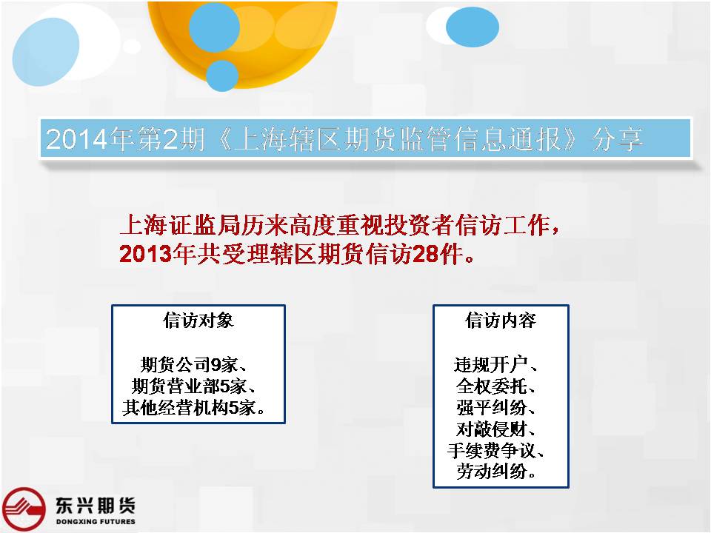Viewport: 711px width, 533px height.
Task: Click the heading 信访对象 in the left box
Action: (x=198, y=321)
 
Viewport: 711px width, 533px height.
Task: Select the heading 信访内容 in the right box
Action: (x=501, y=321)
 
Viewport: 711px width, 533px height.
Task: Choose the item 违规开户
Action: (x=490, y=364)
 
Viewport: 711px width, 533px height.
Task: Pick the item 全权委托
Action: (x=491, y=386)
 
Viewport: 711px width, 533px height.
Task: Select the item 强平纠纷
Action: (x=491, y=407)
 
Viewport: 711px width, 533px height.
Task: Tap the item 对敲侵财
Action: (x=491, y=429)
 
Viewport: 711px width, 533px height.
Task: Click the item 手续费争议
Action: (x=491, y=450)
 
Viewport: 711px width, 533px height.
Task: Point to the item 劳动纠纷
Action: (x=491, y=472)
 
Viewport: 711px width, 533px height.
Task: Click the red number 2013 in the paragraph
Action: (x=146, y=254)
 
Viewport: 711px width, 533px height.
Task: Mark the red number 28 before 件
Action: (x=427, y=254)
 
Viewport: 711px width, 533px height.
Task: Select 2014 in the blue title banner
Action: (x=76, y=138)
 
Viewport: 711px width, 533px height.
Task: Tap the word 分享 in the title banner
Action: (x=618, y=138)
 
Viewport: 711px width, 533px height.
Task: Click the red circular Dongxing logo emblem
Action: (x=24, y=509)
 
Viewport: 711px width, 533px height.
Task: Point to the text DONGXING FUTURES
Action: (x=96, y=522)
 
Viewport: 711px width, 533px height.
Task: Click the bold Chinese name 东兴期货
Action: (x=96, y=506)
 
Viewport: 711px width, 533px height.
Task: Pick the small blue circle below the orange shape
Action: (x=221, y=76)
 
